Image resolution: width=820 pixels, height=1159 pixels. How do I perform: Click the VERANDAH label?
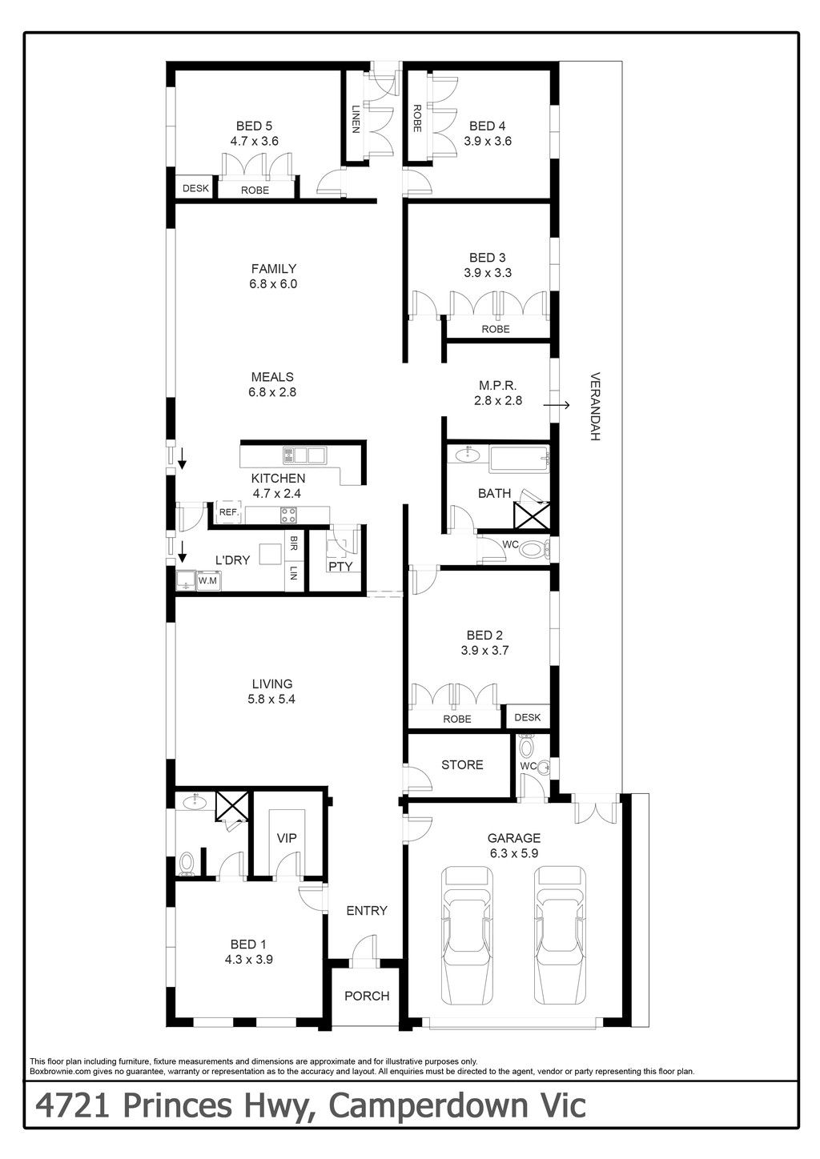(595, 406)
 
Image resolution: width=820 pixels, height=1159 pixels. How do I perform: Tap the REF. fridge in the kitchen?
(228, 512)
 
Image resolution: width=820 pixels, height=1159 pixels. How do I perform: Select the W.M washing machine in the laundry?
(208, 580)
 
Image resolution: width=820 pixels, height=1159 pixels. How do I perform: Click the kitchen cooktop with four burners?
(288, 515)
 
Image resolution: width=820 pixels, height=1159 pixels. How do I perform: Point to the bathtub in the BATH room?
(519, 459)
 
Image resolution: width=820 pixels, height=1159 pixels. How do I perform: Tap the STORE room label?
(462, 764)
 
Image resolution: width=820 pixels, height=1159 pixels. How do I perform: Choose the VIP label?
(287, 838)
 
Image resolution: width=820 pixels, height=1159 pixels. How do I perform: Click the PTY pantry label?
(340, 567)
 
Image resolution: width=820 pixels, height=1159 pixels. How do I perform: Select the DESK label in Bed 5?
(195, 188)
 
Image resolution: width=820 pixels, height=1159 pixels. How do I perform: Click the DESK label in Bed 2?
(528, 717)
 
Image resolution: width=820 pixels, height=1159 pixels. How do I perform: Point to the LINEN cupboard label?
(356, 119)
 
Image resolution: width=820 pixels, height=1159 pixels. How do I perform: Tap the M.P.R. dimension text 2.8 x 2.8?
(498, 400)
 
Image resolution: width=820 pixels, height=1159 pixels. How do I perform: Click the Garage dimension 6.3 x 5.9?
(514, 853)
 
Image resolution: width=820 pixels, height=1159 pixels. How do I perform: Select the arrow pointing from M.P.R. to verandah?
(557, 405)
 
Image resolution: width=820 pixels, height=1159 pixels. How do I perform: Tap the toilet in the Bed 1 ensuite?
(187, 864)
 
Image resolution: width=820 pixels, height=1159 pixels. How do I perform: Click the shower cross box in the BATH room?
(532, 515)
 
